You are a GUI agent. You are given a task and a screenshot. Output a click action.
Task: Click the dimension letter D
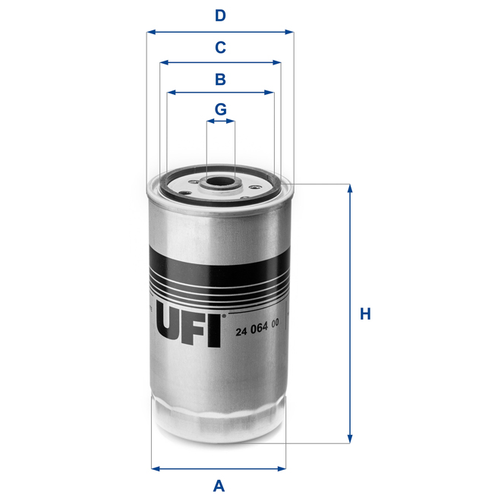[x=219, y=15]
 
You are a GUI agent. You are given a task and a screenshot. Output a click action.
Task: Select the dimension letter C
[x=219, y=47]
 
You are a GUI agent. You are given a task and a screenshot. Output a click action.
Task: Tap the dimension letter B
[x=219, y=78]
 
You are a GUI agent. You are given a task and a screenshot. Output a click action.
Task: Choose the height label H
[x=365, y=314]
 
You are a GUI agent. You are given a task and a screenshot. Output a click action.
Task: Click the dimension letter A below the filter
[x=219, y=485]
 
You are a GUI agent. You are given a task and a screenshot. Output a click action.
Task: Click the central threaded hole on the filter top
[x=219, y=182]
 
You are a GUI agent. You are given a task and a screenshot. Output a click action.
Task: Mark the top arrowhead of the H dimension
[x=350, y=189]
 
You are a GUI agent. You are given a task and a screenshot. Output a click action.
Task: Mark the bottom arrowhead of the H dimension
[x=350, y=438]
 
